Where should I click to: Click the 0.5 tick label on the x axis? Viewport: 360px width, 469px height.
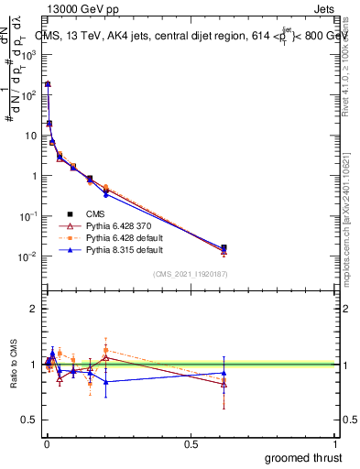pos(190,442)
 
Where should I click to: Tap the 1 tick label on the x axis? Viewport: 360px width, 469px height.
pos(335,442)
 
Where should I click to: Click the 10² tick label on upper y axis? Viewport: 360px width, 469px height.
pos(29,94)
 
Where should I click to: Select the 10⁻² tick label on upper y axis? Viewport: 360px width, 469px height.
pos(29,256)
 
